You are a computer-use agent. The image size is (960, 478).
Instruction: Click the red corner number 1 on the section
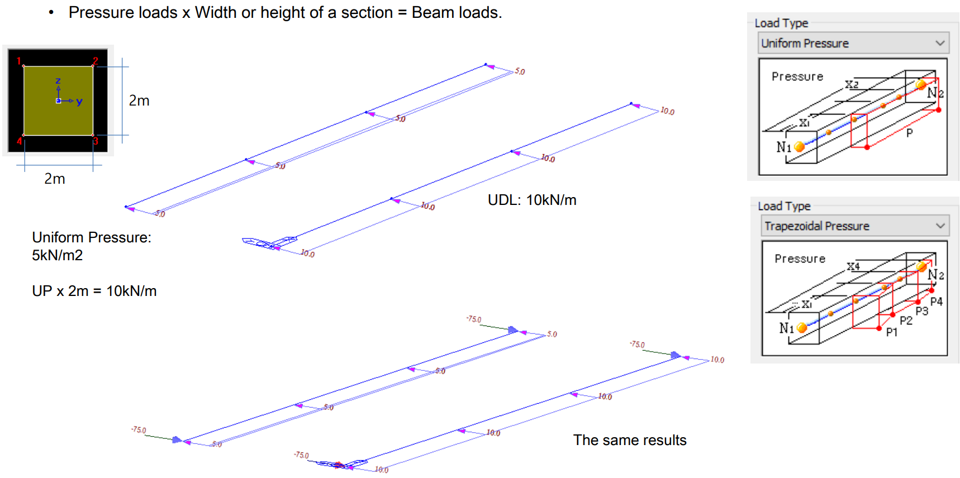tap(18, 61)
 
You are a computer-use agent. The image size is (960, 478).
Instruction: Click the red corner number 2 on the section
tap(96, 60)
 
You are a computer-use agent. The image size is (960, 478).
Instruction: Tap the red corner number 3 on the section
tap(96, 141)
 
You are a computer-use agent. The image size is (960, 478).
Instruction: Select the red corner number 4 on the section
tap(19, 141)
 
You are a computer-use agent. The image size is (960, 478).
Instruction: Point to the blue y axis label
tap(79, 101)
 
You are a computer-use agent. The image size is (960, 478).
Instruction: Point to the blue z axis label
tap(58, 81)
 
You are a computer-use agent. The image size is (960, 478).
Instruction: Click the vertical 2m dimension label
tap(139, 101)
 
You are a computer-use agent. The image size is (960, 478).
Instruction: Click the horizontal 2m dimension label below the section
tap(55, 179)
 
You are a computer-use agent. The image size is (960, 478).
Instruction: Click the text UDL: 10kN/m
tap(532, 200)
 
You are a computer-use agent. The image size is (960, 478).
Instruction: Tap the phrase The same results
tap(630, 440)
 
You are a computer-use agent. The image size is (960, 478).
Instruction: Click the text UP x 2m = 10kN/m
tap(94, 291)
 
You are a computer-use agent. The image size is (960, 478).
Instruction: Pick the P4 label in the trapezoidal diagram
tap(937, 302)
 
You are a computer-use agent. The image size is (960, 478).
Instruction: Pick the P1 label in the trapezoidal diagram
tap(892, 332)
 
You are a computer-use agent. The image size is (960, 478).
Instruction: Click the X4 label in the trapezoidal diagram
tap(853, 266)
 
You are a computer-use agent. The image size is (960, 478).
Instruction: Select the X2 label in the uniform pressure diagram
tap(852, 84)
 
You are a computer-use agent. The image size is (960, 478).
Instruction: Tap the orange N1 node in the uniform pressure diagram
tap(800, 147)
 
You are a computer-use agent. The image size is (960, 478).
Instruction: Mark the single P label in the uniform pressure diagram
tap(910, 133)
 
